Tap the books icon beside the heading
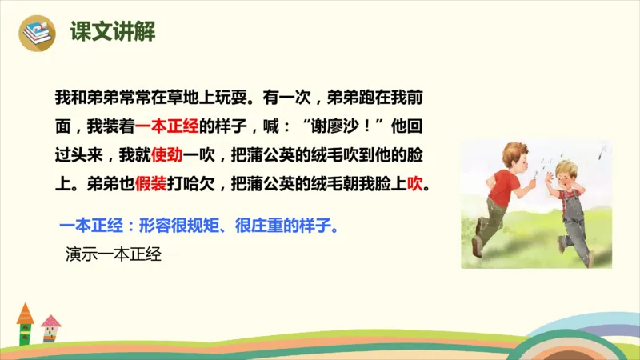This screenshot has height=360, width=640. tap(37, 33)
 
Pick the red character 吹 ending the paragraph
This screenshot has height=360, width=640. tap(415, 183)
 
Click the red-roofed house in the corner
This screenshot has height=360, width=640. tap(26, 323)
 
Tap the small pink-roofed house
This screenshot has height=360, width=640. tap(51, 329)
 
